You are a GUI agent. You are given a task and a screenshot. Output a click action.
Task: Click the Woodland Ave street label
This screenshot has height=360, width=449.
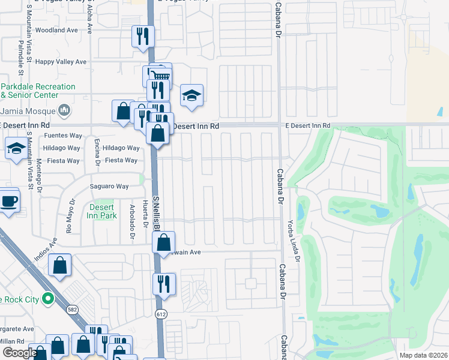[57, 30]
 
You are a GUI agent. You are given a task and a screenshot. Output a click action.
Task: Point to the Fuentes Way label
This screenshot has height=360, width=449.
[63, 136]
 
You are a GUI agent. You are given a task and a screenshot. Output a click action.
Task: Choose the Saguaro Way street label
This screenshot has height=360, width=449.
[109, 187]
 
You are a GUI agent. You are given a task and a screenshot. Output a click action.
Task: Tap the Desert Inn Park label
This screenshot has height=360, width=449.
[101, 211]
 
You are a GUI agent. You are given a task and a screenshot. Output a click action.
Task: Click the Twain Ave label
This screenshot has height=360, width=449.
[186, 252]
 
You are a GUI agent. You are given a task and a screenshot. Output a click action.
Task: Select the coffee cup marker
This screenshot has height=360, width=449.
[8, 201]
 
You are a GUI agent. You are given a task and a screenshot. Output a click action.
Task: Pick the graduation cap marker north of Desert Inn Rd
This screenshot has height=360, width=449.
[191, 95]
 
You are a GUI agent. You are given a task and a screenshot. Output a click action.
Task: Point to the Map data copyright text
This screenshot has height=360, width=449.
[423, 355]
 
